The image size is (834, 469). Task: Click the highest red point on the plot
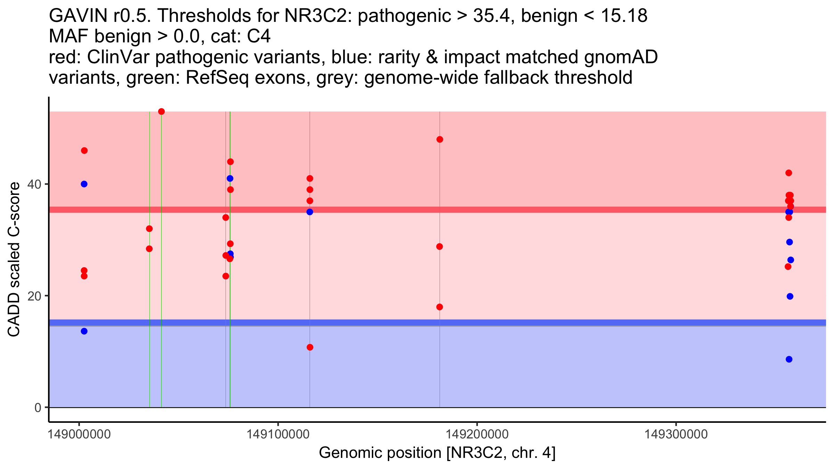pyautogui.click(x=161, y=112)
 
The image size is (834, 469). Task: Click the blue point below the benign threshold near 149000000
pyautogui.click(x=84, y=331)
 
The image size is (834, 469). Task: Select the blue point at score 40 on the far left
pyautogui.click(x=84, y=184)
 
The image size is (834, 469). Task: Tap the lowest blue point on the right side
pyautogui.click(x=789, y=359)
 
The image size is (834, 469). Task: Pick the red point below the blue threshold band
pyautogui.click(x=310, y=347)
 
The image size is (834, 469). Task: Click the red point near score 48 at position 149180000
pyautogui.click(x=440, y=140)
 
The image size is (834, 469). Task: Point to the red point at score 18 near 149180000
pyautogui.click(x=440, y=307)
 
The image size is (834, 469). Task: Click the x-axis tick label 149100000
pyautogui.click(x=278, y=434)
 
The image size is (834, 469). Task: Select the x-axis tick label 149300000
pyautogui.click(x=676, y=434)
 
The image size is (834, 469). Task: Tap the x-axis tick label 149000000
pyautogui.click(x=79, y=434)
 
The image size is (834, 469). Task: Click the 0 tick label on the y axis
pyautogui.click(x=38, y=408)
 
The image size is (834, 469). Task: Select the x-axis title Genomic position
pyautogui.click(x=437, y=453)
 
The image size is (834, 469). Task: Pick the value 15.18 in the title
pyautogui.click(x=624, y=16)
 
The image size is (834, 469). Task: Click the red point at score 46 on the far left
pyautogui.click(x=84, y=150)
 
